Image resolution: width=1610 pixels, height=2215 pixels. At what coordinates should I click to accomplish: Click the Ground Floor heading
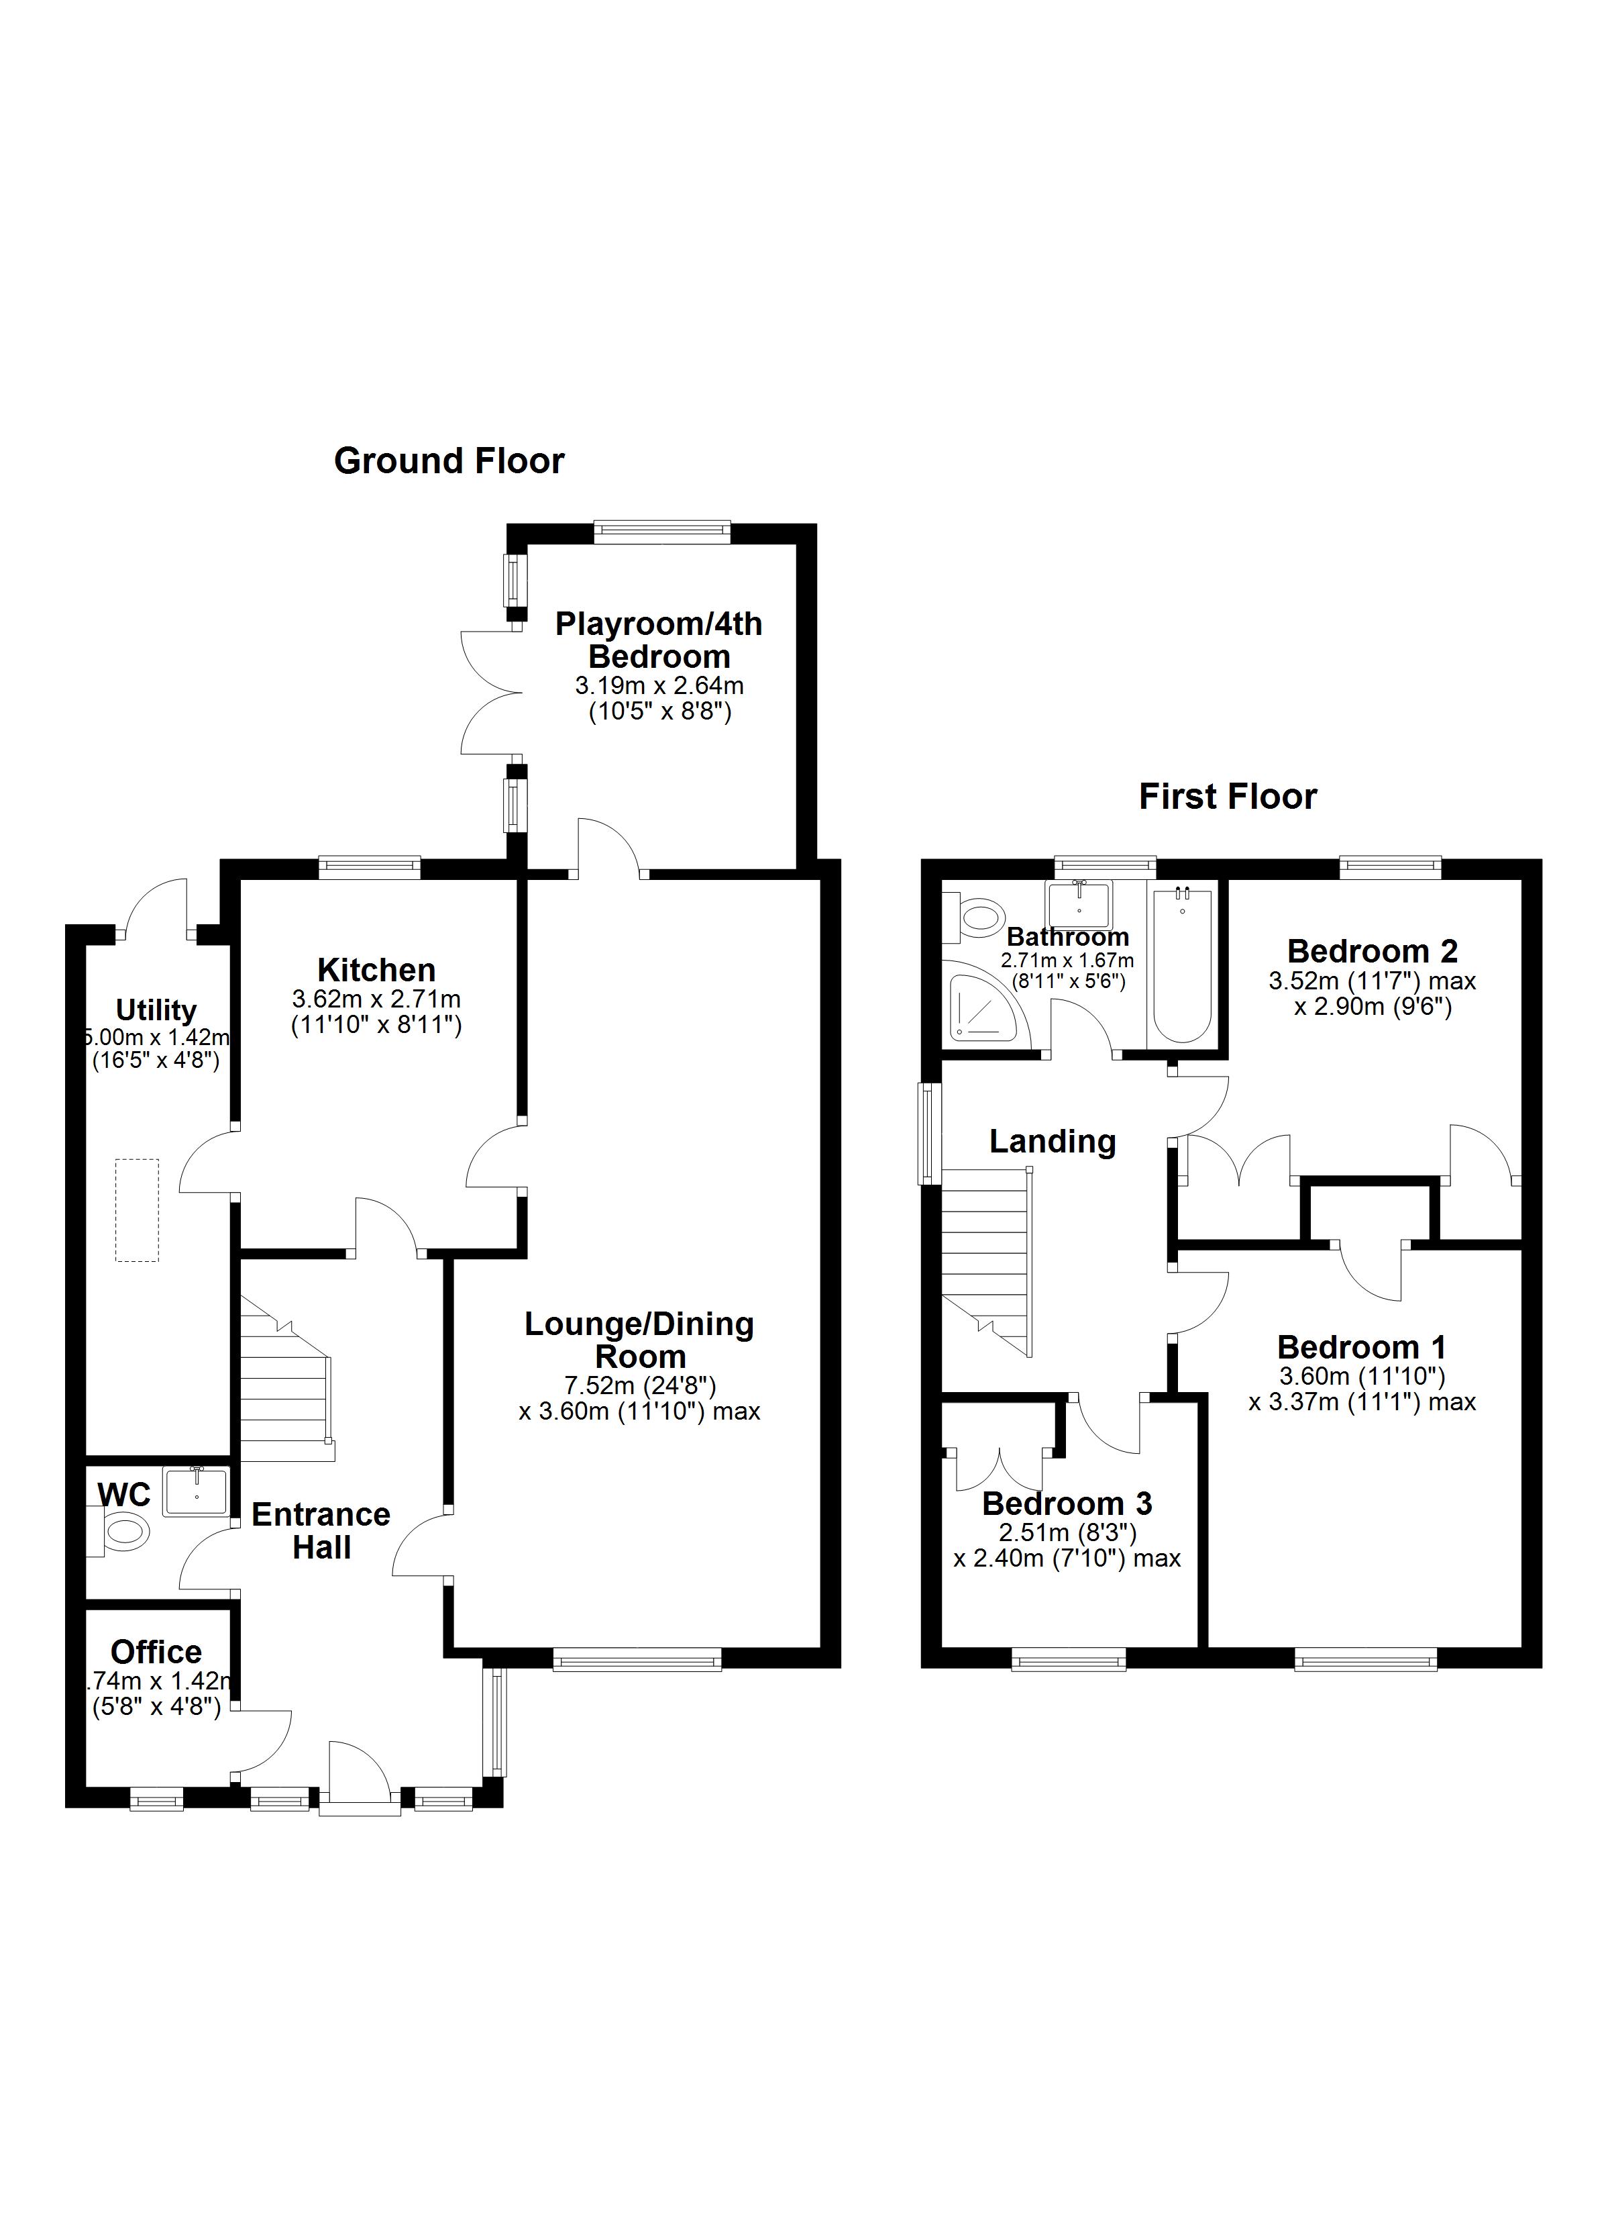click(449, 461)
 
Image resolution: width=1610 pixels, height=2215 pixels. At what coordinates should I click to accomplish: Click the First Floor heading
click(1227, 797)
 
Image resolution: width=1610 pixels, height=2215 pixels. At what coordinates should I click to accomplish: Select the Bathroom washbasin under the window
click(1079, 903)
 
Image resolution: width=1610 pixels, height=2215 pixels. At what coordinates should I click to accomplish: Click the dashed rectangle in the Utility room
click(137, 1210)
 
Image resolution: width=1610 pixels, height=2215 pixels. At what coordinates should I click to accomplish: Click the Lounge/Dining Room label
click(639, 1340)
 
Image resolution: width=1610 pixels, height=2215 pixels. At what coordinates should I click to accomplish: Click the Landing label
click(1053, 1140)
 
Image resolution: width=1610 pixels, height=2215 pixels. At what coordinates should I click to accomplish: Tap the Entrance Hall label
click(321, 1530)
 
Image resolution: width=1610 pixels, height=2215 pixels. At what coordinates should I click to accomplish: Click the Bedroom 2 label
click(1372, 950)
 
